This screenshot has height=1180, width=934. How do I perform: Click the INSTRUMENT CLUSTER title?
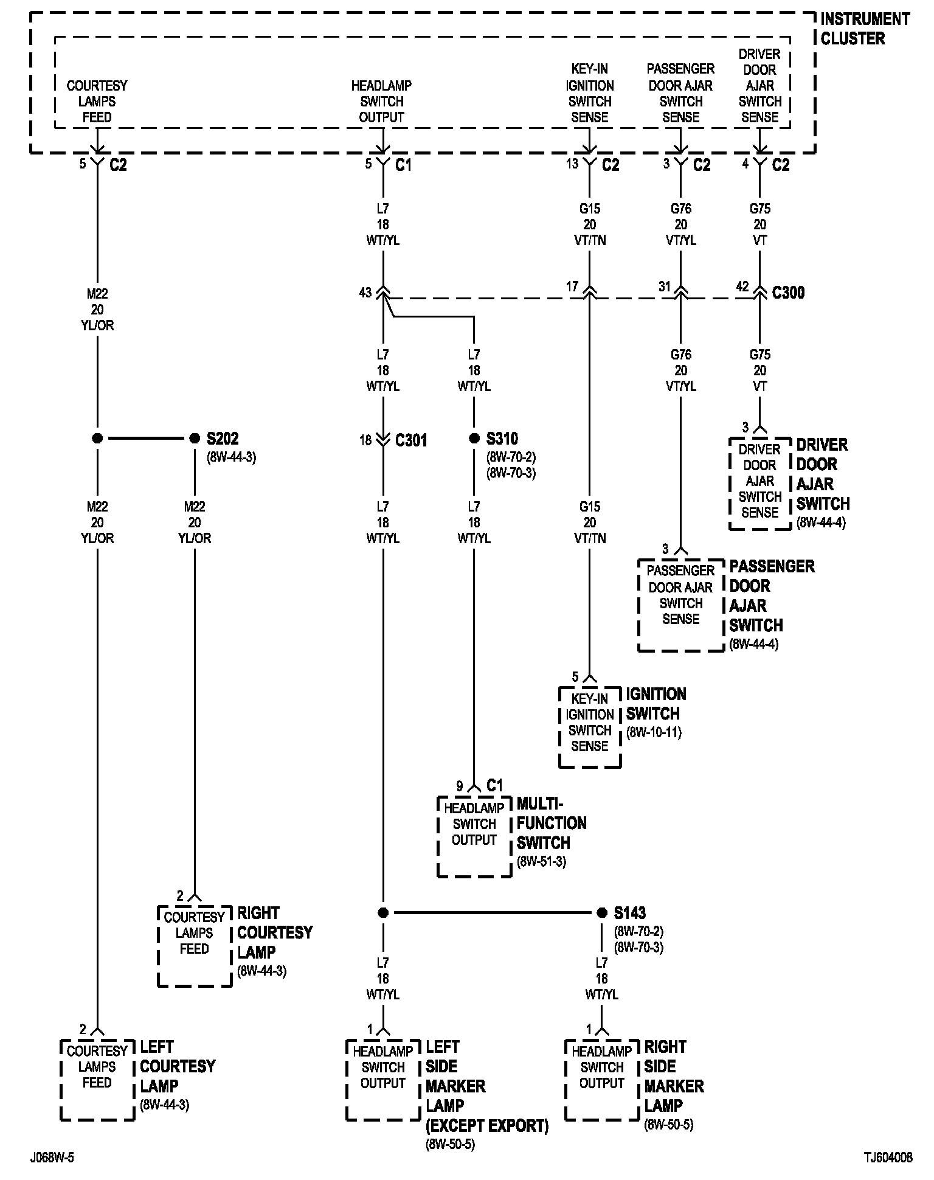[x=864, y=29]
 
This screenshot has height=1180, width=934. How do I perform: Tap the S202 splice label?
[x=222, y=439]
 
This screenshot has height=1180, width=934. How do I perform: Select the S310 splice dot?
[x=474, y=439]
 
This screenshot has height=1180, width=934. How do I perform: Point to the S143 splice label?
[x=629, y=913]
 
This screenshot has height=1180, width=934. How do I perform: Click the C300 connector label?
[x=788, y=293]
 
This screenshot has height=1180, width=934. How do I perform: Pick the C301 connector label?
[x=411, y=440]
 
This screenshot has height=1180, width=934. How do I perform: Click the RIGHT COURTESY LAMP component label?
[x=274, y=932]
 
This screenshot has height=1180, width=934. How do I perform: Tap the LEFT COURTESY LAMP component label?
[x=178, y=1066]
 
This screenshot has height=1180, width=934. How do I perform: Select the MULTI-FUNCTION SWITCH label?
[x=552, y=823]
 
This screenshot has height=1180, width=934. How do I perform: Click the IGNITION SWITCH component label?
[x=656, y=704]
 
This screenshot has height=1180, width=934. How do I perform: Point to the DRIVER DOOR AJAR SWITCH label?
[x=823, y=474]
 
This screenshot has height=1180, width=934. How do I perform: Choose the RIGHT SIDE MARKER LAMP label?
[x=674, y=1076]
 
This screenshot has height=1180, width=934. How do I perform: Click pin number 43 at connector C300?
[x=365, y=293]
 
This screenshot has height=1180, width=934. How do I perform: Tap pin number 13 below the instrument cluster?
[x=572, y=164]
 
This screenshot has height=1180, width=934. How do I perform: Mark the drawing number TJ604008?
[x=890, y=1157]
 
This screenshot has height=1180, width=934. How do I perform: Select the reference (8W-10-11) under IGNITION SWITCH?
[x=654, y=732]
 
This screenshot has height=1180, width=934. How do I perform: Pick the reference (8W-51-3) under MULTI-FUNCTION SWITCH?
[x=541, y=862]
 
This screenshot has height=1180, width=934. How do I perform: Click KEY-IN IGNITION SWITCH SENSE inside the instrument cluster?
[x=590, y=93]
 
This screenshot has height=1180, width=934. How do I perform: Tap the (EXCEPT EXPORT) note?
[x=486, y=1126]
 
